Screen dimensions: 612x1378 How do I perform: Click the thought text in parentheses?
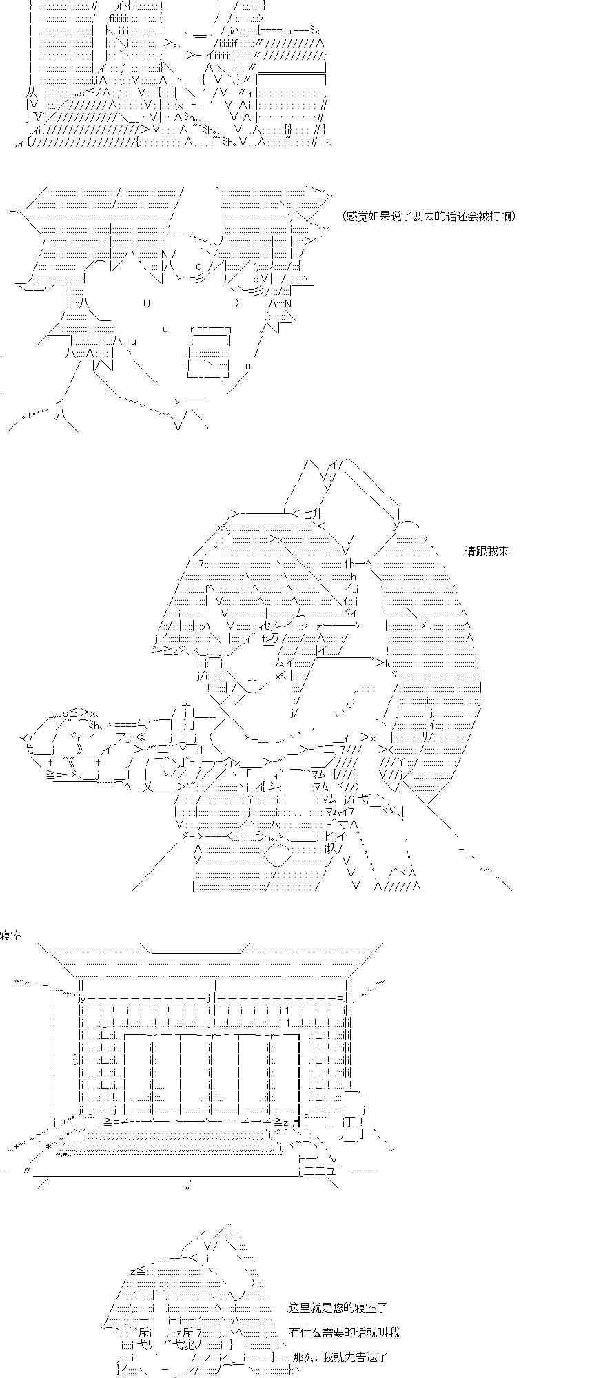click(x=428, y=216)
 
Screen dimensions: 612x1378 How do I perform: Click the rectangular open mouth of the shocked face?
click(x=209, y=351)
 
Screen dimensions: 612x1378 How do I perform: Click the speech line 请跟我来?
click(x=487, y=551)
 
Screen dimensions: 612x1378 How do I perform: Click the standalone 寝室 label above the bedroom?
click(x=11, y=935)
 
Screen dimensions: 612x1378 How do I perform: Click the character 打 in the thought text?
click(x=493, y=216)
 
